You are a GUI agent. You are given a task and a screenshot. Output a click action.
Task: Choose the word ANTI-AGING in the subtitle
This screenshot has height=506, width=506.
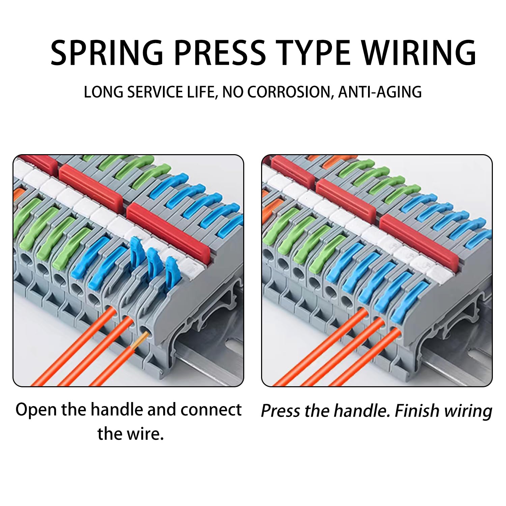click(380, 92)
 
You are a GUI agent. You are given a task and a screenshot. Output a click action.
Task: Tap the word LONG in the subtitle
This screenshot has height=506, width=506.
click(103, 92)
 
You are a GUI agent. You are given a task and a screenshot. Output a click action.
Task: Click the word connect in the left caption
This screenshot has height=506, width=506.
click(211, 410)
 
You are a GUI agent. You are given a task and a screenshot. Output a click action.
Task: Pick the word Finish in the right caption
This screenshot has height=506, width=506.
click(417, 411)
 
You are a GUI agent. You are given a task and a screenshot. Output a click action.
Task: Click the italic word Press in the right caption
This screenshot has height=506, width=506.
click(280, 411)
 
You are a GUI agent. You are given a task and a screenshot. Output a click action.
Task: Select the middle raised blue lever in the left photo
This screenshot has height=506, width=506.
click(153, 260)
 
